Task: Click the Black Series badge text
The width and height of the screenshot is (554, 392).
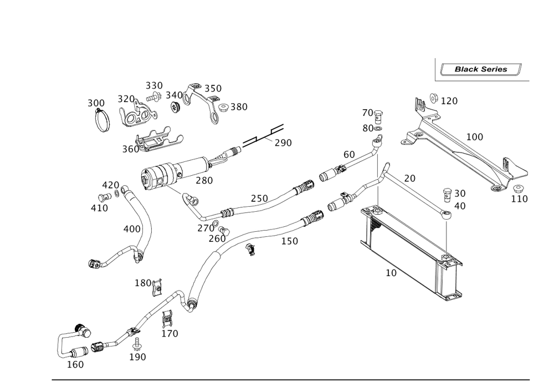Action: tap(480, 69)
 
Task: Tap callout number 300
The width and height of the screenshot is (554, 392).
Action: tap(95, 104)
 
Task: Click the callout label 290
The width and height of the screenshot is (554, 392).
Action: tap(283, 143)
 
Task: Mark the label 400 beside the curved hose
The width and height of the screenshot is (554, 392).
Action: tap(131, 228)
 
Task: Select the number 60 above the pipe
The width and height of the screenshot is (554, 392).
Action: tap(348, 154)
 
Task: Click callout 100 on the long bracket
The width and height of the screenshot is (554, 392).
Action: tap(474, 136)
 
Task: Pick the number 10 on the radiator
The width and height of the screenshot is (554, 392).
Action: tap(391, 273)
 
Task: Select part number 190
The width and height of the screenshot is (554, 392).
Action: tap(137, 357)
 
